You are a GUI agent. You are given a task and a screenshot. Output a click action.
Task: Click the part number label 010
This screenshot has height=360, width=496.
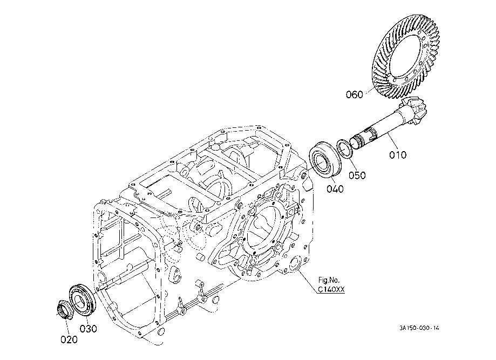pyautogui.click(x=398, y=155)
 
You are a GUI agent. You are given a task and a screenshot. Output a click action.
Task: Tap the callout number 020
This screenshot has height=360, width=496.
pyautogui.click(x=69, y=339)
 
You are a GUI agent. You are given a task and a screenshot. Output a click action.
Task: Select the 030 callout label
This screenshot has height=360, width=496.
pyautogui.click(x=88, y=329)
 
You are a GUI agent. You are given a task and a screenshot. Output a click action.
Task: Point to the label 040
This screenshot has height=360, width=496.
pyautogui.click(x=335, y=189)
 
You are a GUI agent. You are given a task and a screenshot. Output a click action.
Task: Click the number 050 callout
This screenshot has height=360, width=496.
pyautogui.click(x=357, y=175)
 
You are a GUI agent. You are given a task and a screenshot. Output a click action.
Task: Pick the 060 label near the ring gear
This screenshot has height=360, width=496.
pyautogui.click(x=354, y=94)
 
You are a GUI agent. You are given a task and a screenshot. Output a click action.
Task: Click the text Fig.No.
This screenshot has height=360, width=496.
pyautogui.click(x=329, y=280)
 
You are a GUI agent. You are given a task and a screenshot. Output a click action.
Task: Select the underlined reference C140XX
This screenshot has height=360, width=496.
pyautogui.click(x=331, y=289)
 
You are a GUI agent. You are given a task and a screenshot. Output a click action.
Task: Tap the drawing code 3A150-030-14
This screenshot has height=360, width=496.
pyautogui.click(x=419, y=328)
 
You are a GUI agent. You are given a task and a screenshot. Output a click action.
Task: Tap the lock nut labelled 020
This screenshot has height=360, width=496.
pyautogui.click(x=65, y=310)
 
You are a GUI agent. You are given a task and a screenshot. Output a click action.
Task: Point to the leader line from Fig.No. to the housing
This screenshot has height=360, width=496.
pyautogui.click(x=308, y=282)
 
